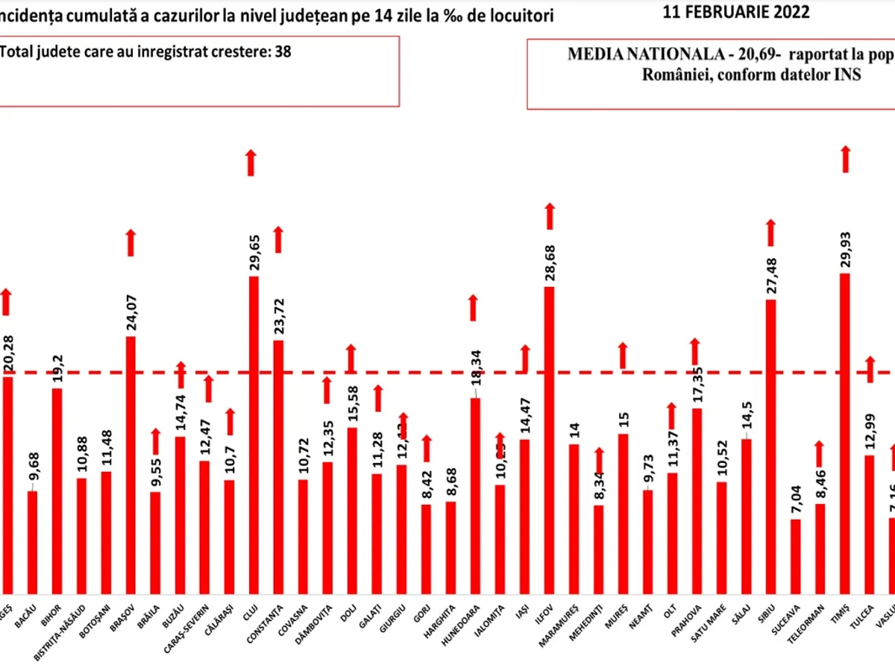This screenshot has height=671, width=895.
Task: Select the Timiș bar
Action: coord(844,433)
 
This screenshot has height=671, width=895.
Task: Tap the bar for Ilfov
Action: coord(549,440)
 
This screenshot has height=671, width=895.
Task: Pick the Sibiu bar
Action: coord(770,447)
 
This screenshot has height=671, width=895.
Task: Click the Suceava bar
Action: coord(796,555)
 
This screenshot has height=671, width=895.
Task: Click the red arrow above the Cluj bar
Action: coord(251,163)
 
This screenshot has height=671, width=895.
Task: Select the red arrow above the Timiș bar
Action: coord(845,159)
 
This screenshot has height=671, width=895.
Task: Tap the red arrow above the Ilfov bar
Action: coord(550,216)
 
